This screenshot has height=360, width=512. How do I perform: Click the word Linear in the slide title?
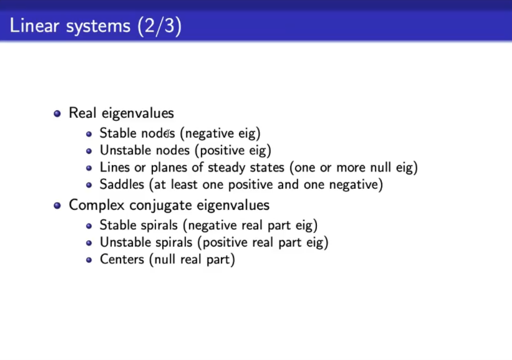(34, 25)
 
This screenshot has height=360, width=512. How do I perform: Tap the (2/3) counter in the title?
(160, 26)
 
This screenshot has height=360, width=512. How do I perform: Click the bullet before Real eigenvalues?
(57, 113)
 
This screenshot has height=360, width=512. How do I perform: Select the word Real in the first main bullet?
(83, 113)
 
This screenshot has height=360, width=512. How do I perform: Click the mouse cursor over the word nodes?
(168, 133)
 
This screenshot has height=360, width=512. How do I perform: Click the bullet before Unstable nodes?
(89, 151)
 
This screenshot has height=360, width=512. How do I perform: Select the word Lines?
(115, 167)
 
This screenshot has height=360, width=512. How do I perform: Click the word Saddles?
(122, 184)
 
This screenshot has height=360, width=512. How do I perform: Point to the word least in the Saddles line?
(184, 184)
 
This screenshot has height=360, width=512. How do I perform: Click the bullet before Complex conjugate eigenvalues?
(57, 206)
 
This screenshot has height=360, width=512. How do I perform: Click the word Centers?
(122, 260)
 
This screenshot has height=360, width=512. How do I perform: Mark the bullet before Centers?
(89, 260)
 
